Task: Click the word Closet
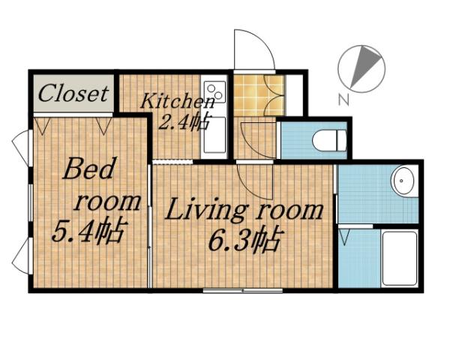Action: pyautogui.click(x=73, y=94)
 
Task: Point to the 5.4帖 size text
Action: pyautogui.click(x=88, y=230)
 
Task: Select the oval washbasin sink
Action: pyautogui.click(x=403, y=181)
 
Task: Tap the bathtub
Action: pyautogui.click(x=398, y=257)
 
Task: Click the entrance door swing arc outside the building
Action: pyautogui.click(x=253, y=51)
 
